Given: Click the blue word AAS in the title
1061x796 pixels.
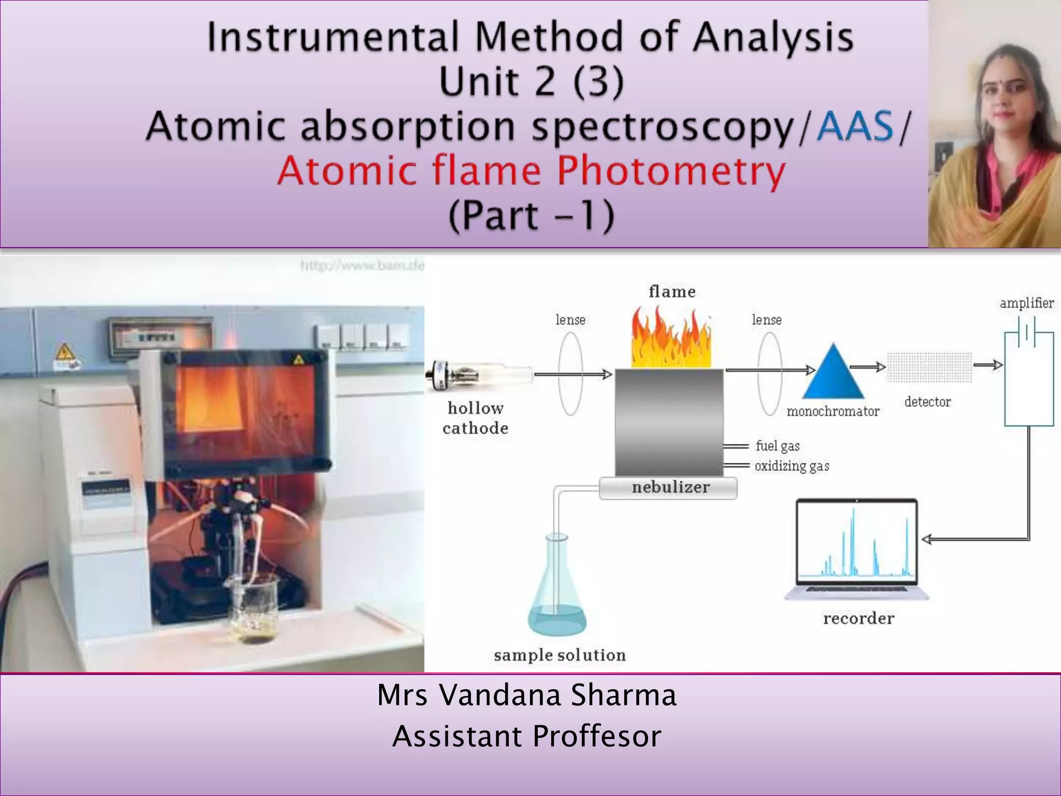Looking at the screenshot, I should tap(855, 126).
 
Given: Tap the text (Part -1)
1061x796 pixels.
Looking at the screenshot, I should tap(531, 216).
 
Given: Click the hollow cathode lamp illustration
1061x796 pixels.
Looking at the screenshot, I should tap(479, 375).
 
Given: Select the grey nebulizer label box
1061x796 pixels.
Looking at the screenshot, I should tap(668, 488).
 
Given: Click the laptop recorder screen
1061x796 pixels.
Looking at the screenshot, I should tap(856, 542).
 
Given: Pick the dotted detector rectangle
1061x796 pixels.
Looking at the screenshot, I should tap(929, 367).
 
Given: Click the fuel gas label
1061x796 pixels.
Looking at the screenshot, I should tap(777, 446).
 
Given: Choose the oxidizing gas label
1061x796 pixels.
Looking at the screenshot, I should tap(792, 466).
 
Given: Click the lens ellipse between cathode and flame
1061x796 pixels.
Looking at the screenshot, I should tap(570, 374).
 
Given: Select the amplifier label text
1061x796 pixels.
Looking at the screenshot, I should tap(1026, 303).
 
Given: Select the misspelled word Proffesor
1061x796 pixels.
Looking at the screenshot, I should tap(596, 736).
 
